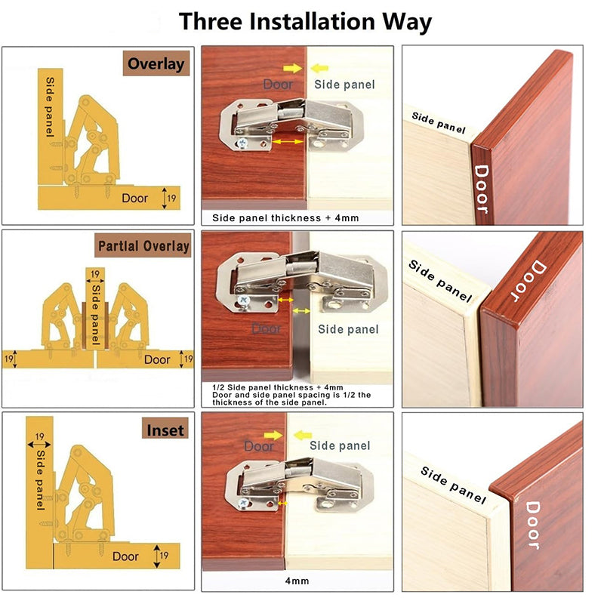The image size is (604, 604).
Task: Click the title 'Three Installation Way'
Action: tap(305, 21)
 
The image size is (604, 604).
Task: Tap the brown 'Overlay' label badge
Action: tap(156, 63)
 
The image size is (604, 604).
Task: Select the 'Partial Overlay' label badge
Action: tap(143, 247)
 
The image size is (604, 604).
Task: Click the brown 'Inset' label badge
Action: tap(165, 430)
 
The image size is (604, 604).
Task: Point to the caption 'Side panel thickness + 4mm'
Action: tap(285, 218)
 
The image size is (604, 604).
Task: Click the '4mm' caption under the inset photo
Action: tap(296, 582)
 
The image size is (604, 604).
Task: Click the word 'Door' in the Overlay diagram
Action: tap(136, 199)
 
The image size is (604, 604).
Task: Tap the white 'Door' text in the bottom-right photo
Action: tap(532, 525)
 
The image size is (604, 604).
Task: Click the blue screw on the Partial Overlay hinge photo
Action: tap(245, 300)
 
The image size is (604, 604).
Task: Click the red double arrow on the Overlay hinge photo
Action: tap(288, 141)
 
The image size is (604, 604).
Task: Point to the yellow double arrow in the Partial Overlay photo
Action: tap(302, 310)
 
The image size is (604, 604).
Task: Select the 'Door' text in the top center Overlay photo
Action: tap(278, 85)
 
